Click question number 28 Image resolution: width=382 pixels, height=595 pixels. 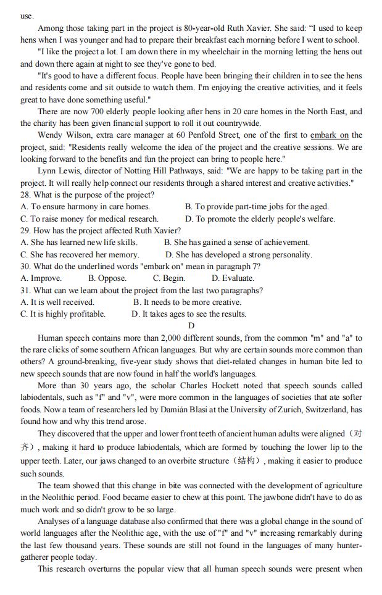coord(26,195)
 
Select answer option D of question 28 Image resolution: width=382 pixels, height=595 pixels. coord(260,218)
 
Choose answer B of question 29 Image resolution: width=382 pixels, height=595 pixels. coord(237,243)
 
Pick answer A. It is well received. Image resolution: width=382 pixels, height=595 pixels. coord(57,302)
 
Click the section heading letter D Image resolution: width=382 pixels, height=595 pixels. coord(191,326)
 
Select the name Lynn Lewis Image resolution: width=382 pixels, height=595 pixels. coord(57,171)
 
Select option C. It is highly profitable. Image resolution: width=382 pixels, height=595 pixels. coord(62,314)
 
